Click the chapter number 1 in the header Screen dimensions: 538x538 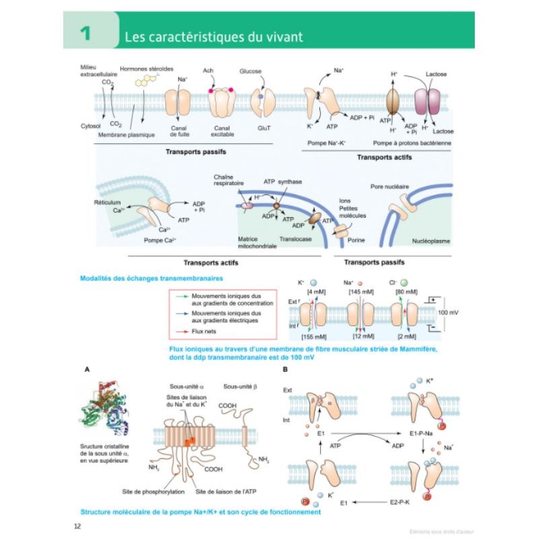pos(85,34)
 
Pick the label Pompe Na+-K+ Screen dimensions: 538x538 pos(326,143)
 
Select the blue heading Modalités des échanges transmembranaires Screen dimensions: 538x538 pos(142,278)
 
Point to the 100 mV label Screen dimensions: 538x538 pos(450,313)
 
